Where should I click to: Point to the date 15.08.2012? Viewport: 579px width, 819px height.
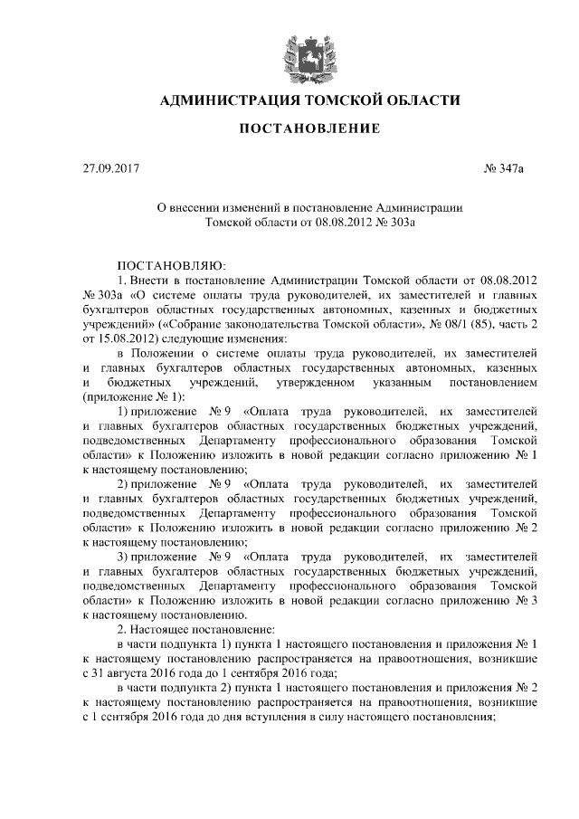click(128, 337)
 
